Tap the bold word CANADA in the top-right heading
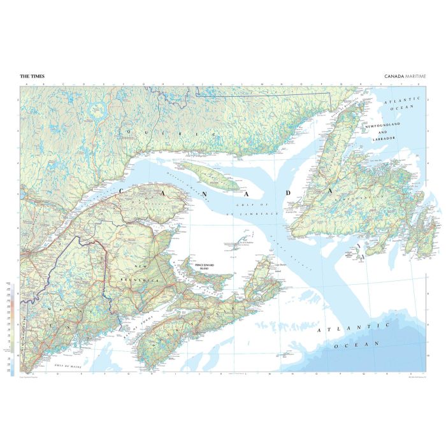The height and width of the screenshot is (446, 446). pos(392,76)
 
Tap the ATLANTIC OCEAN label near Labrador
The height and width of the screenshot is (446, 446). pos(403,104)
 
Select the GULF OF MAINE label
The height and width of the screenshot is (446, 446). pos(66,365)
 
